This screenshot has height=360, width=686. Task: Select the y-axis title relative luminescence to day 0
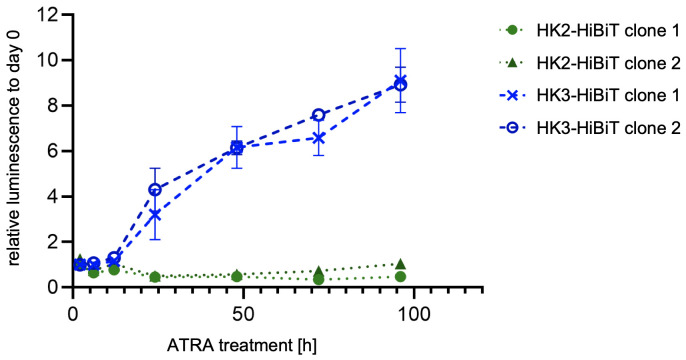pos(16,150)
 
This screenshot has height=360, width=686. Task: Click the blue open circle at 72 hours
pos(318,115)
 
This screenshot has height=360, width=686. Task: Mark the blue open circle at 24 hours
pos(154,189)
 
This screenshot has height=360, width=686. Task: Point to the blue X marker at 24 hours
pos(154,214)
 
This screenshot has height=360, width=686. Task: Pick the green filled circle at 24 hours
pos(154,277)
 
